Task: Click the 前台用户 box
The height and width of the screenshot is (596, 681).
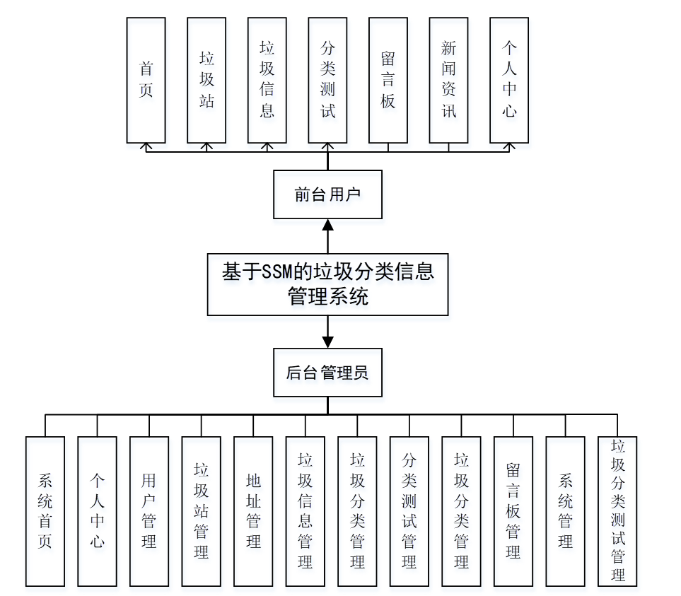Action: click(327, 194)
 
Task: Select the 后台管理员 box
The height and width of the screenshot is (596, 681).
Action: click(327, 373)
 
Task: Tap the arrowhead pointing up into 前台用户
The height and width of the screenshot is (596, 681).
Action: click(327, 225)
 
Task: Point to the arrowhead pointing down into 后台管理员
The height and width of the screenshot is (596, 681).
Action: click(327, 341)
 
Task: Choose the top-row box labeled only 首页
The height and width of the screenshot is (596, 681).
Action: click(146, 80)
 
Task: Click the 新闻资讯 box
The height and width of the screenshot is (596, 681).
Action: click(448, 80)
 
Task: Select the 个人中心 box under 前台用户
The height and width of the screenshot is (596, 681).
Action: click(509, 80)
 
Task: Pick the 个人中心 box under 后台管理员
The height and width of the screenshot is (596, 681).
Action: click(97, 511)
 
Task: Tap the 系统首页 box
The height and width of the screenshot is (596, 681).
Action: click(45, 511)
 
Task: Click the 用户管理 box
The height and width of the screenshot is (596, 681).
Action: click(149, 511)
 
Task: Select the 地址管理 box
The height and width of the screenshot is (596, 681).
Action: click(253, 511)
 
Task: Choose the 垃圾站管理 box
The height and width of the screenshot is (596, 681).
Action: click(201, 511)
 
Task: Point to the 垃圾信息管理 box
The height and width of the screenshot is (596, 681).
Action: click(305, 511)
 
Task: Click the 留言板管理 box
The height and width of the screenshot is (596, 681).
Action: click(513, 511)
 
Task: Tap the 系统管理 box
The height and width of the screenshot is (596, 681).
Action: click(565, 511)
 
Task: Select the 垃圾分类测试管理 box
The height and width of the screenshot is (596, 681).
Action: click(617, 510)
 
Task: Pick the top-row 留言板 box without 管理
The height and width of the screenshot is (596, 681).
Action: click(388, 80)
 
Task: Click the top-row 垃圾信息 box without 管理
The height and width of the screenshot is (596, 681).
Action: click(267, 80)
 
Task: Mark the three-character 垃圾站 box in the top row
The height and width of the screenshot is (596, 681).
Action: click(206, 80)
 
